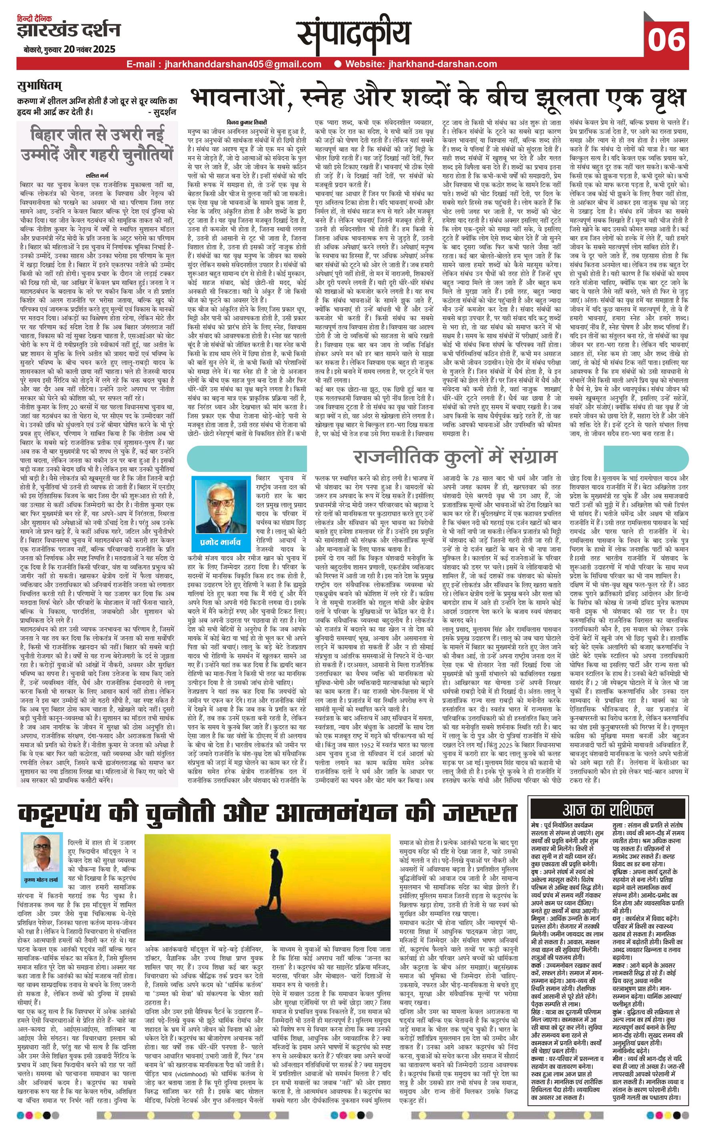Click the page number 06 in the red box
click(666, 40)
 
